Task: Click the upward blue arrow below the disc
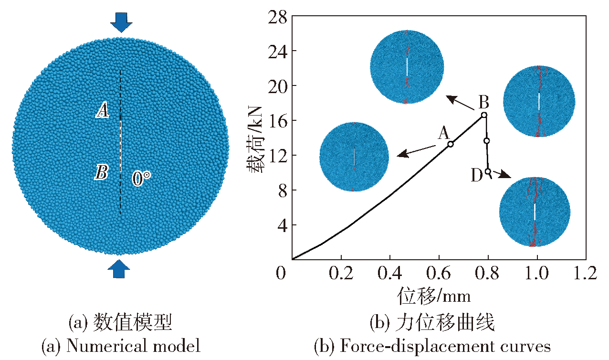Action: [119, 269]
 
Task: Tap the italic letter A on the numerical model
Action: [102, 112]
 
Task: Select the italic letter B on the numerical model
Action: [101, 172]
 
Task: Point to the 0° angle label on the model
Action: [141, 179]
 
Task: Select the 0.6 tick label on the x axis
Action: [439, 274]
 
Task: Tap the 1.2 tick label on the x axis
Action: [586, 274]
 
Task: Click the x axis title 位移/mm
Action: [434, 296]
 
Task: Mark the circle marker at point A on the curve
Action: [451, 144]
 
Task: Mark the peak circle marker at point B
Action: [484, 115]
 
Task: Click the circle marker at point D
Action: [488, 171]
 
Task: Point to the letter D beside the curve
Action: [477, 176]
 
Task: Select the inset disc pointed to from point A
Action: [354, 157]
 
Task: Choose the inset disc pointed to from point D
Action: [535, 212]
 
